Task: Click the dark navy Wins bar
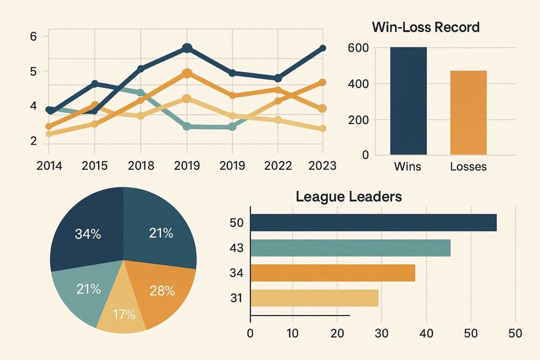click(408, 101)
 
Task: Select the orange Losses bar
click(468, 112)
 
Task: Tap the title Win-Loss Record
click(426, 27)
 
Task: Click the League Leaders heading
click(349, 197)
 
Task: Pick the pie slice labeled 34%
click(88, 229)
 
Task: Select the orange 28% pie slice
click(160, 292)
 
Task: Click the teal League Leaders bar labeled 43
click(350, 248)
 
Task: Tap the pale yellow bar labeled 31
click(314, 298)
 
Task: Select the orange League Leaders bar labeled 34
click(333, 273)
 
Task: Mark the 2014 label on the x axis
click(49, 166)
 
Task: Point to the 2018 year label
click(140, 166)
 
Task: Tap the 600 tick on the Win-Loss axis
click(358, 48)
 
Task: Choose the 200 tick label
click(358, 120)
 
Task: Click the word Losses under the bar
click(468, 166)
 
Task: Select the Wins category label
click(407, 166)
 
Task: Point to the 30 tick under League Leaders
click(381, 334)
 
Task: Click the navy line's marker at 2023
click(322, 49)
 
